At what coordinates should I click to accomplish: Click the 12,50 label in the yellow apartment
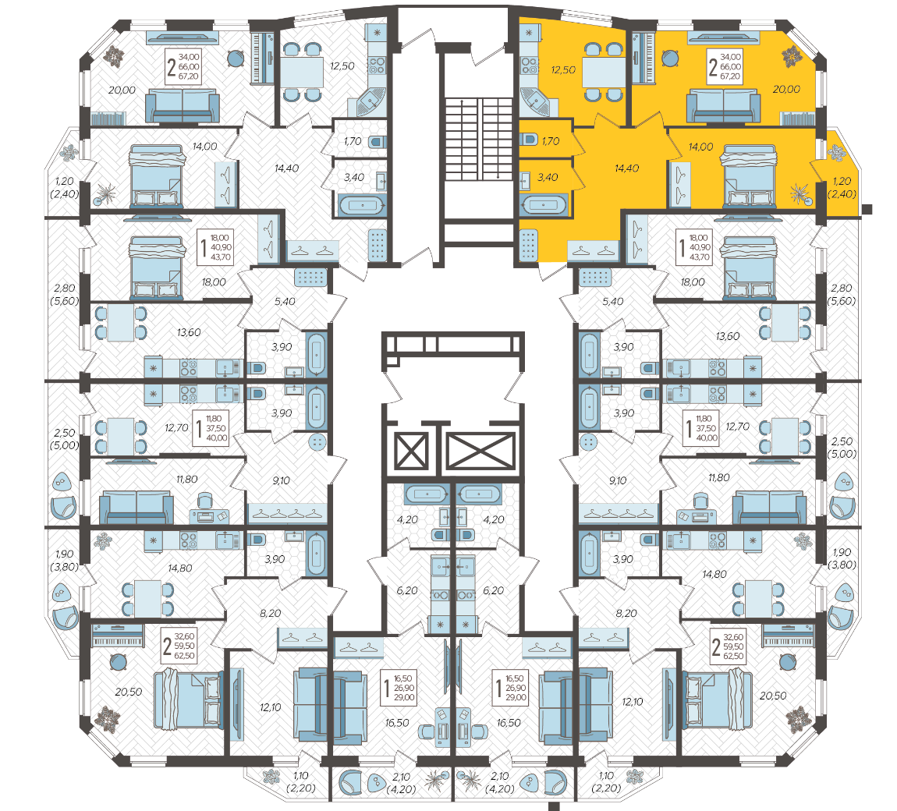[x=563, y=69]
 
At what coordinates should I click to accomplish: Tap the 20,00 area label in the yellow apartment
[x=786, y=89]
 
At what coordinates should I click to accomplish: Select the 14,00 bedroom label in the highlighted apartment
[x=700, y=147]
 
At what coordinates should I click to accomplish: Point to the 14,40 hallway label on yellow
[x=626, y=168]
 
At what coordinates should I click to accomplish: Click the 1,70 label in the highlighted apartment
[x=551, y=140]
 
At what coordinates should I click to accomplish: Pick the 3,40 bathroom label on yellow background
[x=548, y=177]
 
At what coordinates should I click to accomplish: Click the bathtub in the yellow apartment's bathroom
[x=544, y=204]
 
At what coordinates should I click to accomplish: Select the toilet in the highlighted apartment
[x=529, y=139]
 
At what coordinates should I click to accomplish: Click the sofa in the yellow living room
[x=723, y=105]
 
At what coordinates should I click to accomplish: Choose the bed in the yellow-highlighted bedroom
[x=750, y=175]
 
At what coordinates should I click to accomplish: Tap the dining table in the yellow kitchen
[x=604, y=72]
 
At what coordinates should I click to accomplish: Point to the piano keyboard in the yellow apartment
[x=643, y=58]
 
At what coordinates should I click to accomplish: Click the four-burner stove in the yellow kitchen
[x=529, y=66]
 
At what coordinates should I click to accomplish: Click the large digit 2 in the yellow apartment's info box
[x=713, y=67]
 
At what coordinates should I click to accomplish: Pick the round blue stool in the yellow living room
[x=670, y=58]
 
